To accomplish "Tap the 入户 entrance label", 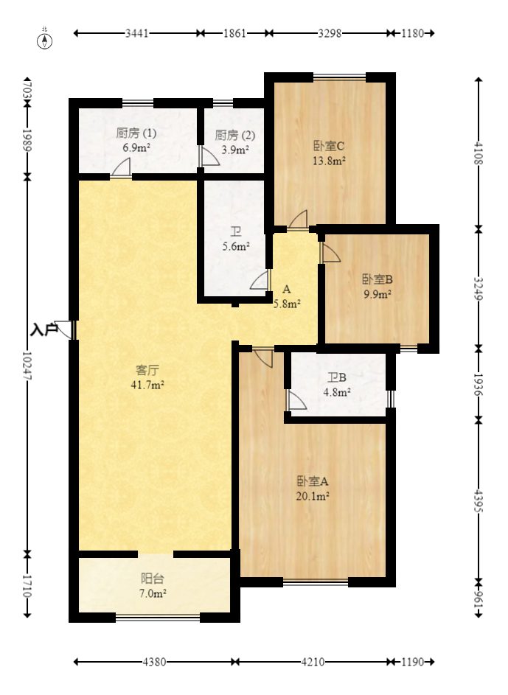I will coord(44,329).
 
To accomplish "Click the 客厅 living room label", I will coord(148,370).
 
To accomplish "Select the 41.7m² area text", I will coord(148,384).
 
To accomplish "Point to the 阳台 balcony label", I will coord(153,579).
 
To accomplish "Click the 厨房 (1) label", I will coord(136,134).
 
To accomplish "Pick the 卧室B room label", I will coord(377,279).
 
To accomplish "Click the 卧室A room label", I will coord(313,481).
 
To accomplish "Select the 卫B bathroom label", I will coord(336,378).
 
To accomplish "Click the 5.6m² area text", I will coord(236,247).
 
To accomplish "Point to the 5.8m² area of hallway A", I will coord(286,303).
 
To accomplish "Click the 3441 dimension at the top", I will coord(137,33).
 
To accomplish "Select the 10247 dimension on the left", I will coord(27,365).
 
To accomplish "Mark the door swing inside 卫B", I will coord(296,401).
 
